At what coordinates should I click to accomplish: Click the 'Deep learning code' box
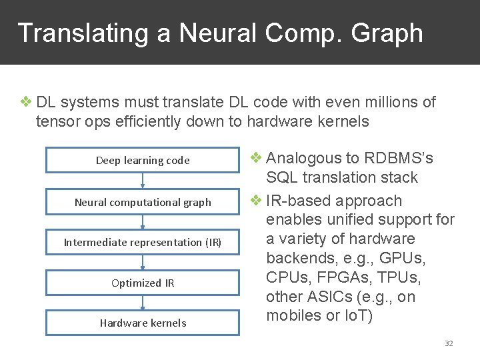(143, 160)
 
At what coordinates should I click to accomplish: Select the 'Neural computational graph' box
(143, 202)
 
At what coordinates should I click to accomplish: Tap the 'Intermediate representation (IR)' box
(143, 242)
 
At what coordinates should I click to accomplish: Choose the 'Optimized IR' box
(143, 283)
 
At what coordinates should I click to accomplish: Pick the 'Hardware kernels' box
(143, 323)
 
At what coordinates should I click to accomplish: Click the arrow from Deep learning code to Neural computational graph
(143, 181)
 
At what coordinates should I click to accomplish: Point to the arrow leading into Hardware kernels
(143, 303)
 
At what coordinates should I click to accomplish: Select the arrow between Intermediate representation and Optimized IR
(143, 262)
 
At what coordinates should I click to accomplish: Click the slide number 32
(449, 343)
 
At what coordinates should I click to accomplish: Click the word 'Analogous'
(304, 158)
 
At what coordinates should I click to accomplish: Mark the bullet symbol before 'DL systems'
(26, 102)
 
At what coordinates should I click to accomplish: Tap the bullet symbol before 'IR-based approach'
(257, 200)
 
